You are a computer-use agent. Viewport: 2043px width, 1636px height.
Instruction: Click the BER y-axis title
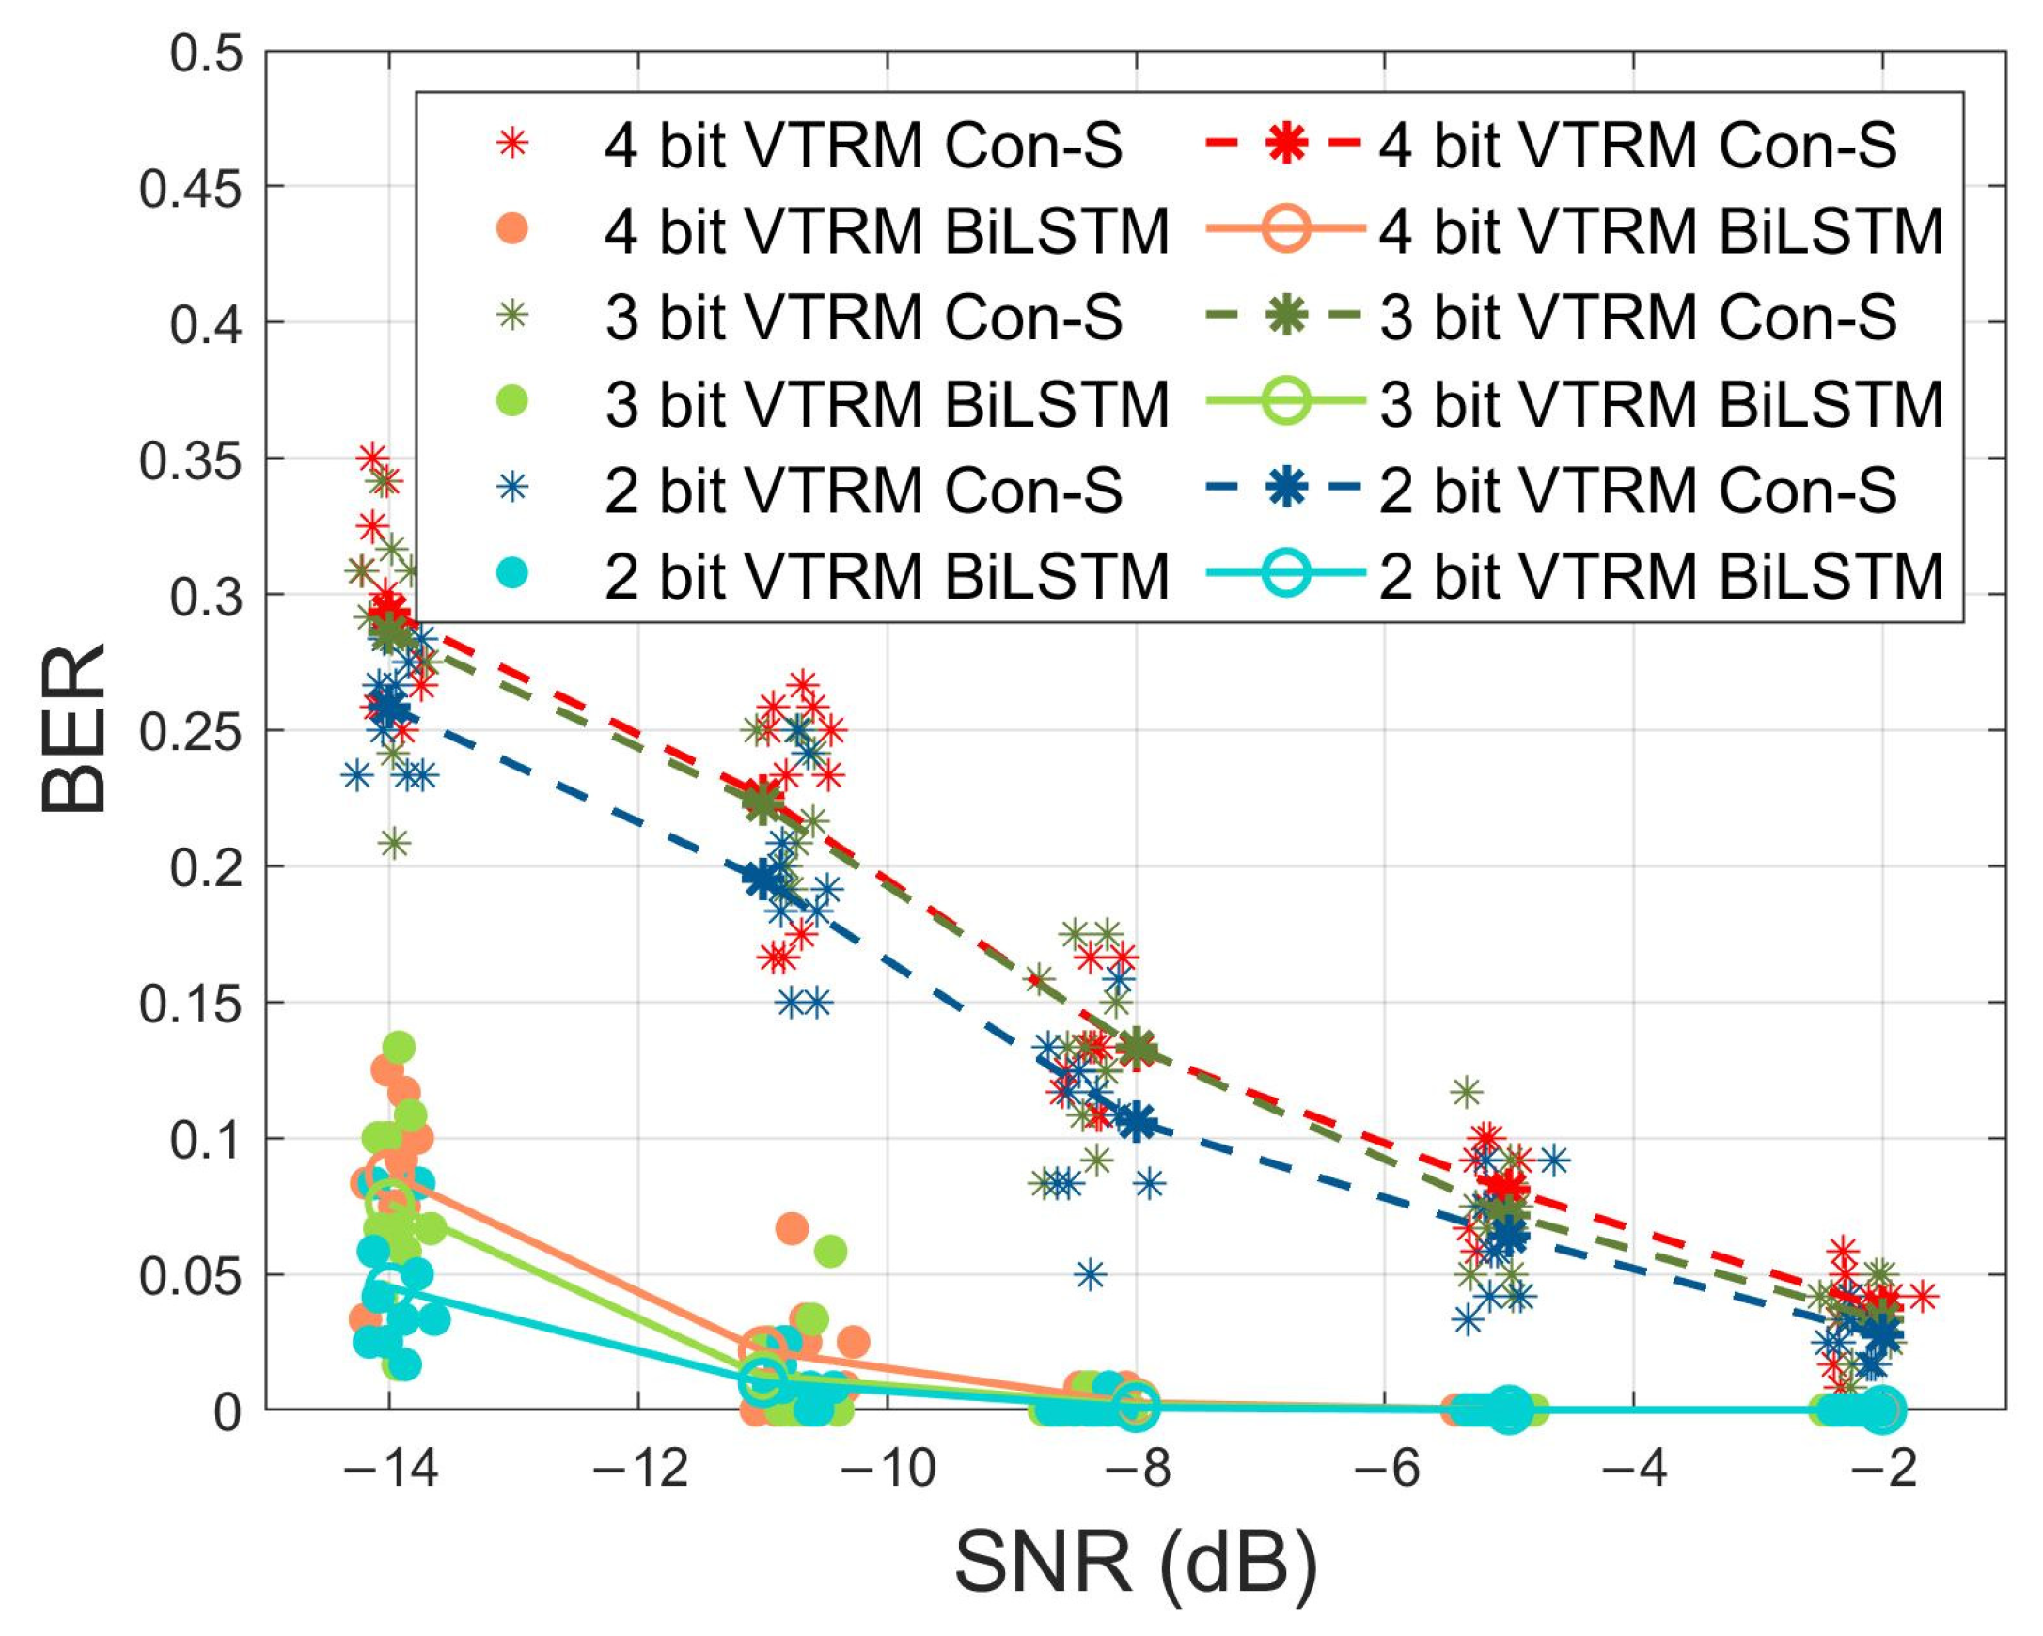pyautogui.click(x=74, y=728)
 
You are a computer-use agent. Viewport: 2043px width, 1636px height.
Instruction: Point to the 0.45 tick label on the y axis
pyautogui.click(x=191, y=189)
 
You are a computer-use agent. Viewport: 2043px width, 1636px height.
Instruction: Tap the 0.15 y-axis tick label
pyautogui.click(x=191, y=1004)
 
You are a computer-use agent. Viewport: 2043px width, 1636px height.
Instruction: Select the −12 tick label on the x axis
pyautogui.click(x=639, y=1470)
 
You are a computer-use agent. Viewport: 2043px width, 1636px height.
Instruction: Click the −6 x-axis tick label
pyautogui.click(x=1387, y=1470)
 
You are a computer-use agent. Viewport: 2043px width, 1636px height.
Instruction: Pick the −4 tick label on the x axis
pyautogui.click(x=1635, y=1470)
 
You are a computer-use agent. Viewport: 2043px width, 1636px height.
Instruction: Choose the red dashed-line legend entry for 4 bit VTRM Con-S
pyautogui.click(x=1284, y=144)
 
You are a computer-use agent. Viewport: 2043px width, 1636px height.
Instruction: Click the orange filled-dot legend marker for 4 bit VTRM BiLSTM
pyautogui.click(x=512, y=230)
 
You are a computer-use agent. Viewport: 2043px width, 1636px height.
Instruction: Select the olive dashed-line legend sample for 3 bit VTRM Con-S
pyautogui.click(x=1284, y=317)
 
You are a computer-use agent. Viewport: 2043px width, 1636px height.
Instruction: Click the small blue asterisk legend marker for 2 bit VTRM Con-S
pyautogui.click(x=512, y=489)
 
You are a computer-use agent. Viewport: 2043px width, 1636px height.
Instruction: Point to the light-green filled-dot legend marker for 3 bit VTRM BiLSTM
pyautogui.click(x=512, y=402)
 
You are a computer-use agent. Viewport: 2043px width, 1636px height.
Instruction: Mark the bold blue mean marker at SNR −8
pyautogui.click(x=1137, y=1122)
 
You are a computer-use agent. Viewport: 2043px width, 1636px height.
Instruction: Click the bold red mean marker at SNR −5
pyautogui.click(x=1507, y=1186)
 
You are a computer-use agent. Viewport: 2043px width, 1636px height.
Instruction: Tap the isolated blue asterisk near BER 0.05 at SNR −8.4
pyautogui.click(x=1091, y=1275)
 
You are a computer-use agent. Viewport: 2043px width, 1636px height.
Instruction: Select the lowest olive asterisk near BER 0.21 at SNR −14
pyautogui.click(x=396, y=843)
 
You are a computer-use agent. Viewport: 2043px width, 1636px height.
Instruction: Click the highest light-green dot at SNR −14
pyautogui.click(x=399, y=1048)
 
